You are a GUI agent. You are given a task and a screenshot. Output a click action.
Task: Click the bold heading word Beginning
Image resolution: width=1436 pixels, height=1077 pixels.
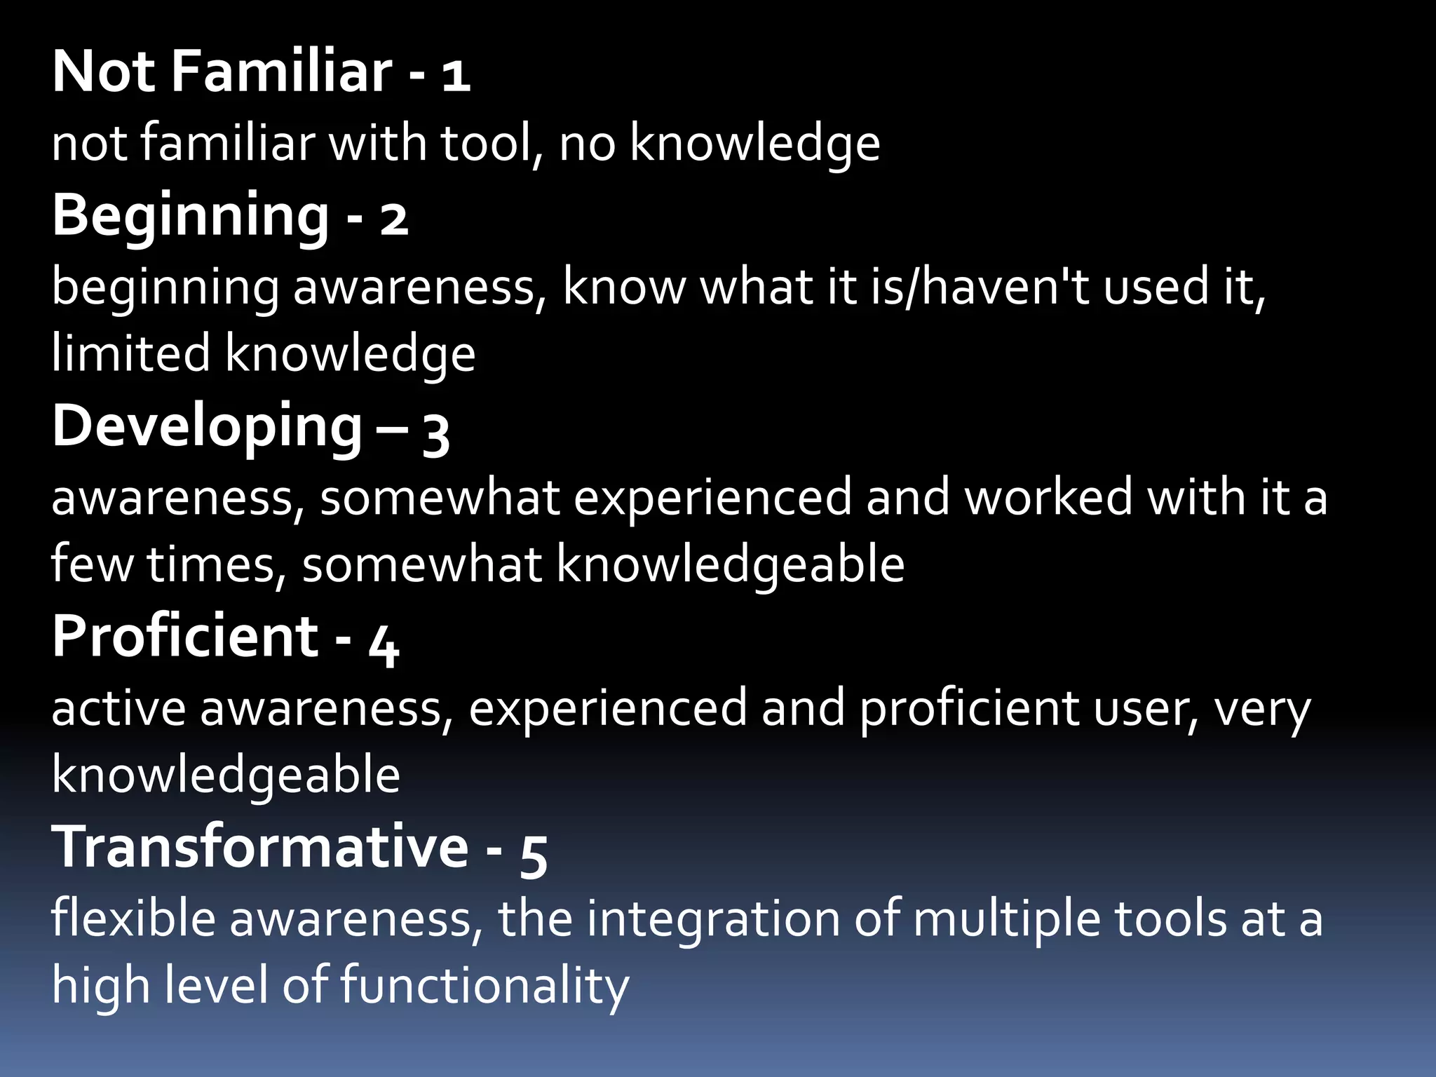(190, 216)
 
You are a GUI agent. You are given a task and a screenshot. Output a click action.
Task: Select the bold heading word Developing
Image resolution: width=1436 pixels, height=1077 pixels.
(207, 427)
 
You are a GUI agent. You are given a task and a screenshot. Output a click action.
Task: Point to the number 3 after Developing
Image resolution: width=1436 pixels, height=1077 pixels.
(435, 434)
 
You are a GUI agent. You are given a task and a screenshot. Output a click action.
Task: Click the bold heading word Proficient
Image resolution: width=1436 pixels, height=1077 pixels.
(186, 636)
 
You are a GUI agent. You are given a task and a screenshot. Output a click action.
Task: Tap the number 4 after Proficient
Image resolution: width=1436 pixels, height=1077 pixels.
(384, 644)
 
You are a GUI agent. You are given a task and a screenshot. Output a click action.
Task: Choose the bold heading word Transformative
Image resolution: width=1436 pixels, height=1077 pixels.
(260, 847)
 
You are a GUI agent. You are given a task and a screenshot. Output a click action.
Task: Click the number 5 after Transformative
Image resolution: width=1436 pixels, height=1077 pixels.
(534, 855)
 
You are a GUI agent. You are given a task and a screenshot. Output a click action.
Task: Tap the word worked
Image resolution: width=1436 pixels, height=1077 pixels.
(1048, 497)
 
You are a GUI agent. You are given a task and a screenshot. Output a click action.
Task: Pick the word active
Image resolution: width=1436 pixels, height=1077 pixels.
(118, 708)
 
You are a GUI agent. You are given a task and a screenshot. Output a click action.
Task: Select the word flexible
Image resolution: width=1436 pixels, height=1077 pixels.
(133, 919)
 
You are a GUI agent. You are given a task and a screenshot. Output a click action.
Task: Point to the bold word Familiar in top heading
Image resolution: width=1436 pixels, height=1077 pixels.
(281, 72)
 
